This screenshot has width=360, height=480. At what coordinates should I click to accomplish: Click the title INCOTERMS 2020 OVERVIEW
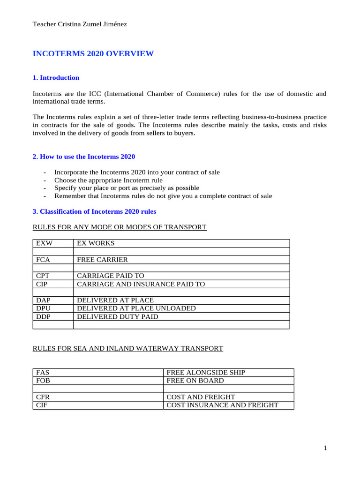point(93,54)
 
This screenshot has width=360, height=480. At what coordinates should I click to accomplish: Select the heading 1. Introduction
point(56,78)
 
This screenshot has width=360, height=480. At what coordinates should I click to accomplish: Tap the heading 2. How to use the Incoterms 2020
point(83,157)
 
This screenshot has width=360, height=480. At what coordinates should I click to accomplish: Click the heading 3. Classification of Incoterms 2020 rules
point(94,212)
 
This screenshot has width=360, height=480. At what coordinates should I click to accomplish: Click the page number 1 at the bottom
point(325,449)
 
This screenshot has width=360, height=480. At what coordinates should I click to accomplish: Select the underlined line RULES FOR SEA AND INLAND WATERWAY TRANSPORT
point(127,348)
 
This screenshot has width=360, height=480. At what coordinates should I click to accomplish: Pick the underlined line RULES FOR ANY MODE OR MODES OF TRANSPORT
point(119,227)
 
